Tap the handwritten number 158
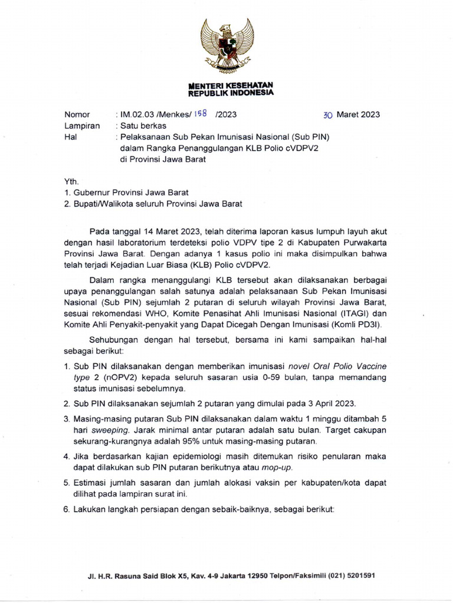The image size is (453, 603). pos(202,114)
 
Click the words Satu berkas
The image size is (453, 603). pos(143,125)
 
